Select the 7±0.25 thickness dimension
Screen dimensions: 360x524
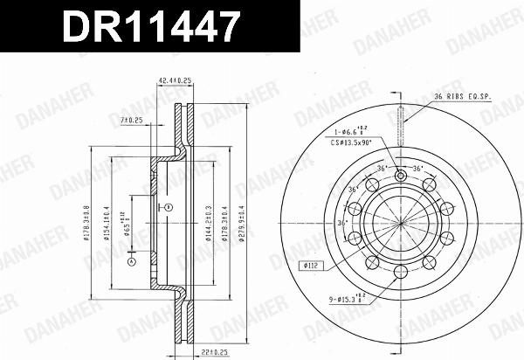[132, 120]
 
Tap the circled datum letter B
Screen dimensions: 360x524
[169, 206]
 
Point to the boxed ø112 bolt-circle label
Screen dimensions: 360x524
[315, 266]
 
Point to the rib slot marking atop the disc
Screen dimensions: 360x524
[399, 132]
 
